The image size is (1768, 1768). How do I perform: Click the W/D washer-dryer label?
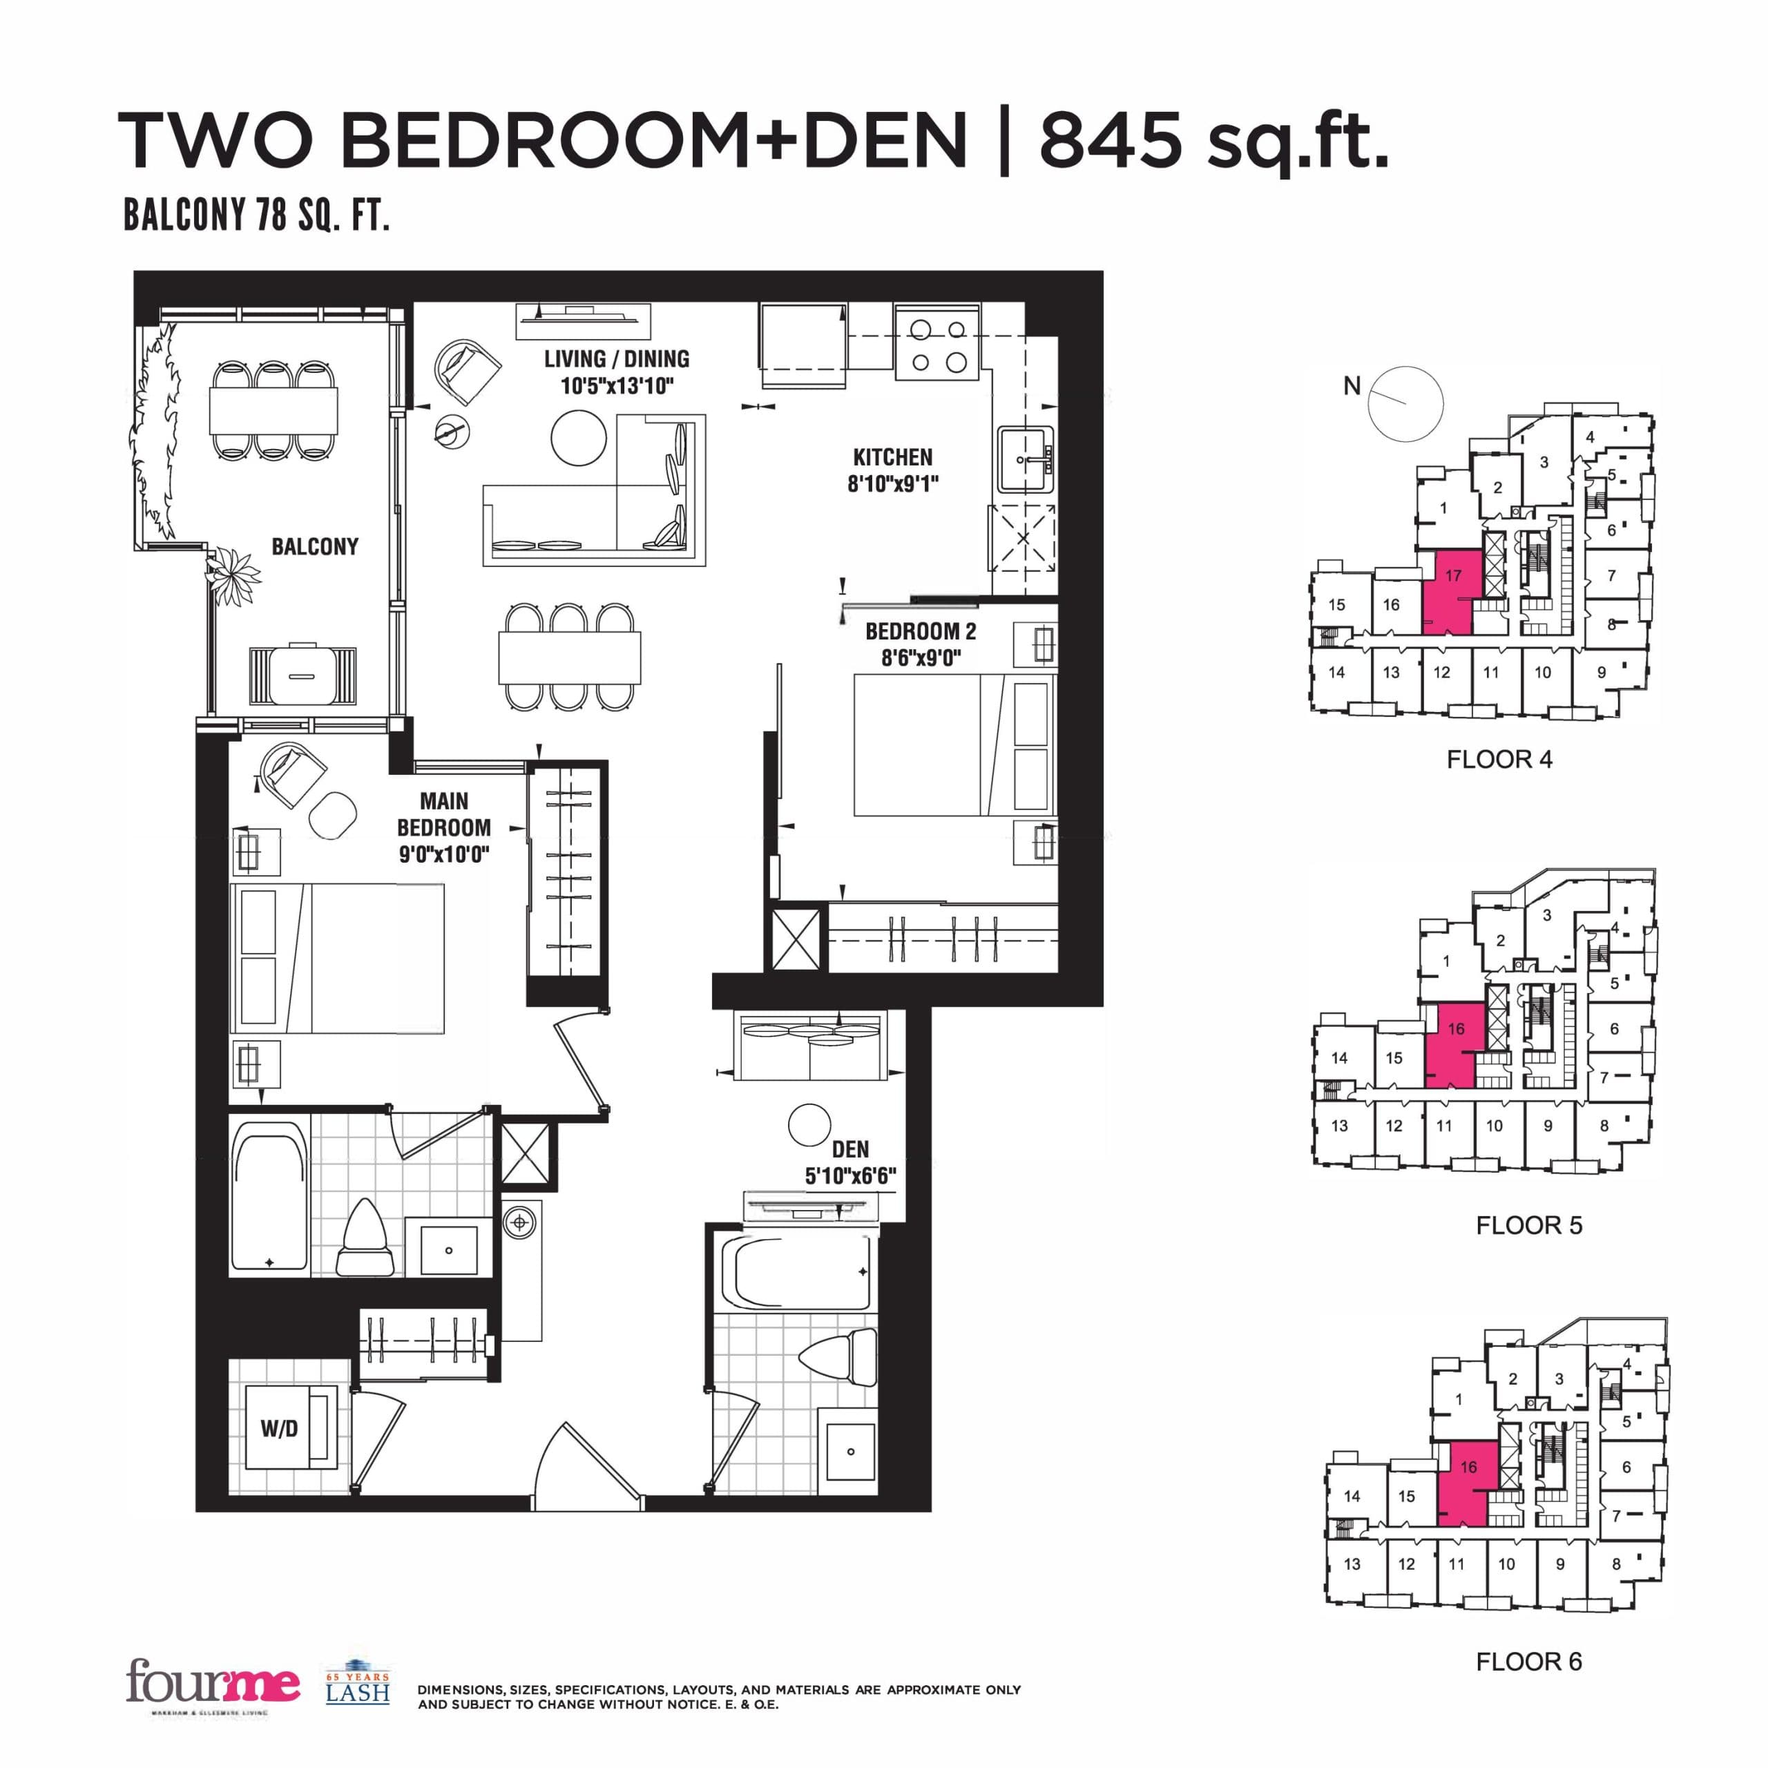click(x=279, y=1428)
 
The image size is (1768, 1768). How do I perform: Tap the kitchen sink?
click(x=1025, y=461)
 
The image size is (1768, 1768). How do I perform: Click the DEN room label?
click(x=850, y=1149)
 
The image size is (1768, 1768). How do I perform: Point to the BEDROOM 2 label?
click(x=921, y=631)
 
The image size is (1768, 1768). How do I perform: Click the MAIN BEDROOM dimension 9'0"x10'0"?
click(x=444, y=855)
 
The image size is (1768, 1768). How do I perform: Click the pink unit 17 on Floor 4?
click(x=1450, y=591)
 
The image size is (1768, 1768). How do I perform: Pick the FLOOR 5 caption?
click(x=1528, y=1225)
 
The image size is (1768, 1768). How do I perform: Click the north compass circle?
click(x=1405, y=403)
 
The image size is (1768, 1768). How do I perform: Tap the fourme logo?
click(x=213, y=1682)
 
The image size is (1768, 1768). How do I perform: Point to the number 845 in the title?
click(x=1110, y=140)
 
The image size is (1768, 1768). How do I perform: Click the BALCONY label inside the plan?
click(x=315, y=546)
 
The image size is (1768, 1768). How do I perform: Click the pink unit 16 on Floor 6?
click(x=1465, y=1483)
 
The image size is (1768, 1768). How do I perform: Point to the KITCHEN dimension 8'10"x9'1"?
click(x=892, y=484)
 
